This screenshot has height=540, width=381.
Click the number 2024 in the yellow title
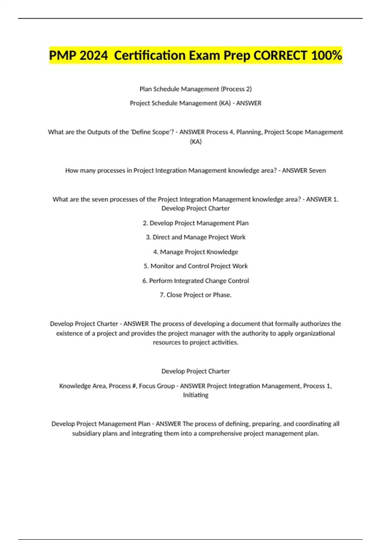click(94, 56)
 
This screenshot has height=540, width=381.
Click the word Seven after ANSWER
click(317, 171)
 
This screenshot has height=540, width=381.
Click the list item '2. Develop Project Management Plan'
click(196, 223)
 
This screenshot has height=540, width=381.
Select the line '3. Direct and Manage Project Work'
click(196, 237)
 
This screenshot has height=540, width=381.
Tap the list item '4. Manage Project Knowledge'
click(196, 252)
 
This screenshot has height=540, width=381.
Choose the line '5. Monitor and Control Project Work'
click(196, 266)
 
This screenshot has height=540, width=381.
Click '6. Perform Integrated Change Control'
click(196, 281)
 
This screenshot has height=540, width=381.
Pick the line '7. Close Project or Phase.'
click(196, 295)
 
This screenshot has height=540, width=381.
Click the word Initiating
click(196, 395)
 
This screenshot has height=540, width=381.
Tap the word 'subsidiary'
click(86, 434)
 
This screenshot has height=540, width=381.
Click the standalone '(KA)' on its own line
click(196, 142)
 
